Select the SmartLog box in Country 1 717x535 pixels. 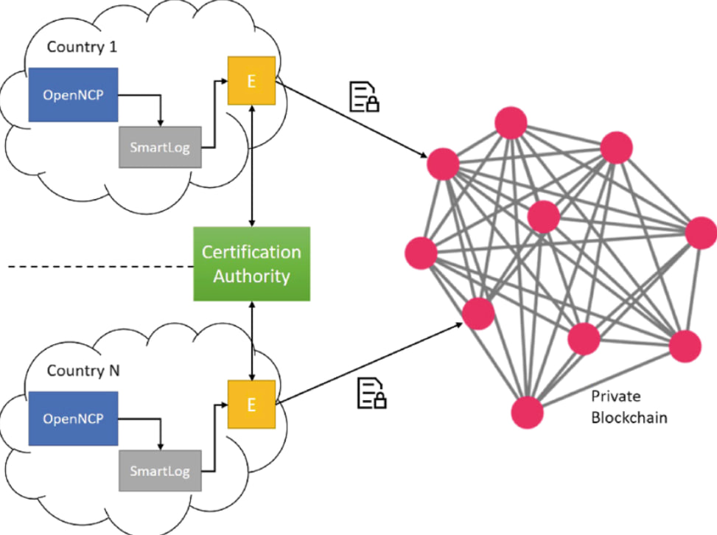tap(159, 147)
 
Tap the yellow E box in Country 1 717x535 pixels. tap(251, 81)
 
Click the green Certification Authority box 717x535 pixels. tap(252, 264)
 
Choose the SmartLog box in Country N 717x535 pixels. tap(159, 470)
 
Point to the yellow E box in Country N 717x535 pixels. tap(251, 405)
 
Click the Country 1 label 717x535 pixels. tap(83, 47)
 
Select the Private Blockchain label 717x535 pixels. tap(629, 407)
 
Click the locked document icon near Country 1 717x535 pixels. tap(364, 97)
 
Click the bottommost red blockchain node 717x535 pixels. tap(528, 411)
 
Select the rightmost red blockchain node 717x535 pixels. tap(701, 234)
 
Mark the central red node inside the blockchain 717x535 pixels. tap(544, 216)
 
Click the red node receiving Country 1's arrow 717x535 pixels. tap(443, 163)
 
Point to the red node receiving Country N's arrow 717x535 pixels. tap(478, 313)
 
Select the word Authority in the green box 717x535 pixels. tap(252, 277)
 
